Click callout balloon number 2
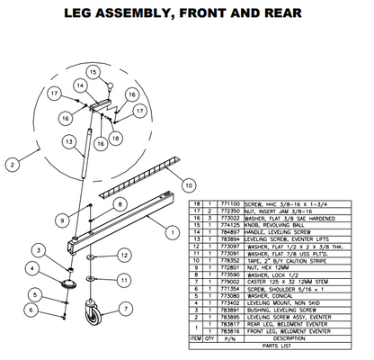click(12, 165)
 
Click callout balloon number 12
click(123, 258)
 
